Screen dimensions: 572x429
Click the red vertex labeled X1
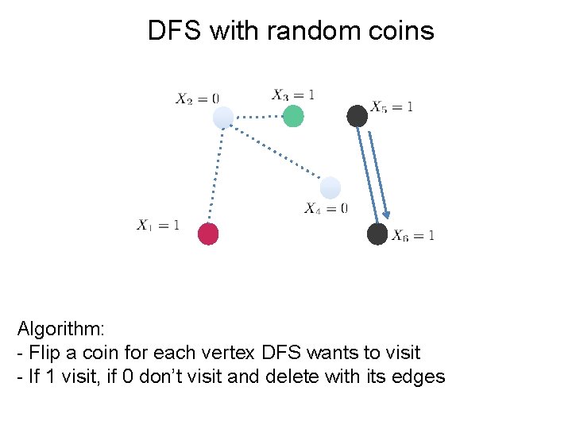[207, 234]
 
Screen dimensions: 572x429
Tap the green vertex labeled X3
[293, 116]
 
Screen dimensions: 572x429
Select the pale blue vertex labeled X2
[223, 118]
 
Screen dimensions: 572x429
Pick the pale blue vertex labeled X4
[330, 188]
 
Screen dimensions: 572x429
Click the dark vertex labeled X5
[357, 116]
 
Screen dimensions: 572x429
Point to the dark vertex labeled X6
[377, 234]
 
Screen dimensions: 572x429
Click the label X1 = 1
[158, 225]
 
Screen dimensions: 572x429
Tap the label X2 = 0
[197, 99]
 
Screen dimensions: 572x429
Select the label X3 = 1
[293, 95]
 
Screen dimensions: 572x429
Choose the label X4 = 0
[326, 208]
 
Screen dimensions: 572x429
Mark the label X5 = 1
[392, 106]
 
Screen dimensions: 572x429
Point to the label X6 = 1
[412, 234]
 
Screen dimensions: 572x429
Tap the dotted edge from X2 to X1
[215, 176]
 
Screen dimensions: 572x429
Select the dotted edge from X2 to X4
[276, 153]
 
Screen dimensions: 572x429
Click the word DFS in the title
[176, 31]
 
